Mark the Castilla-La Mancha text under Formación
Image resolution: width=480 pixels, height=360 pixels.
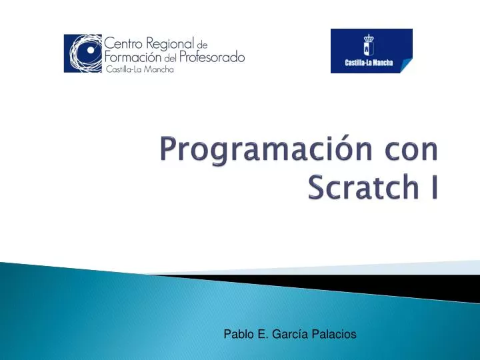[139, 70]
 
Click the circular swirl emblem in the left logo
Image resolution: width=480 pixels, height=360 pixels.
[84, 53]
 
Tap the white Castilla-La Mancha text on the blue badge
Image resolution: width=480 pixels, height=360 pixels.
[371, 64]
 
